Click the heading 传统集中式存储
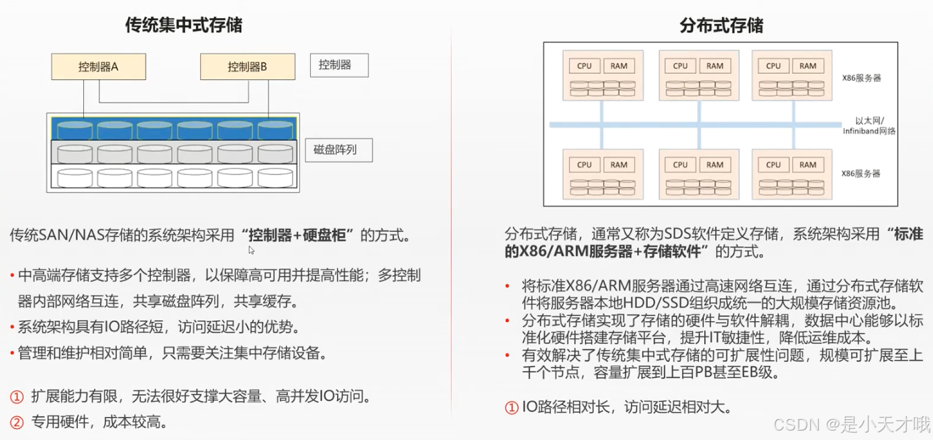pos(184,25)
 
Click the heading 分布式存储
pos(722,25)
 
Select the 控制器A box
pos(99,66)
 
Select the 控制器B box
pos(248,66)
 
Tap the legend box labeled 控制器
pos(338,65)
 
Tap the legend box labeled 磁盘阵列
pos(338,150)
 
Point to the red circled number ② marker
pos(17,422)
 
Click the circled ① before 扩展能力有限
pos(17,396)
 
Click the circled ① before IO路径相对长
pos(511,406)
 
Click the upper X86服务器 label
pos(861,78)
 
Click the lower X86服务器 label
pos(861,173)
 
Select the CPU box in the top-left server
pos(585,66)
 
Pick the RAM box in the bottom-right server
pos(808,164)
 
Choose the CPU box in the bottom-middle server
pos(681,164)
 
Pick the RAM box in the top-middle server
pos(715,66)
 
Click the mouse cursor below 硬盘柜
pos(251,250)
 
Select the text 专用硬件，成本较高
pos(99,422)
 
